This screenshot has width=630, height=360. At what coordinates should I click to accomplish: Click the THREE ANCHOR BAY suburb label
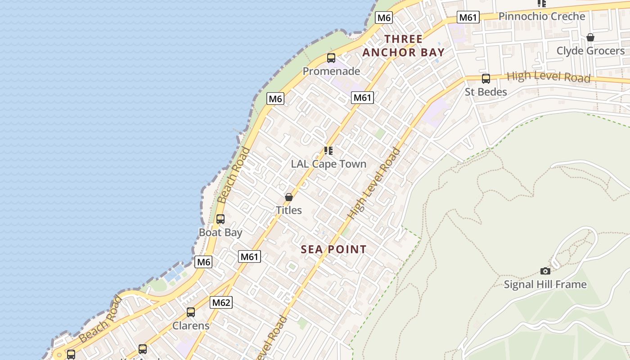[x=403, y=45]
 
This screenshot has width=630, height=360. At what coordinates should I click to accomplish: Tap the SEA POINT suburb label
[x=333, y=249]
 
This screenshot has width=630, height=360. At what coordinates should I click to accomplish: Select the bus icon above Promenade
[x=331, y=58]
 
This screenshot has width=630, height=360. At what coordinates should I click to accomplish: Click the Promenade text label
[x=331, y=71]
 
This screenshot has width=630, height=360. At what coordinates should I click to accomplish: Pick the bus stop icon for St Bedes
[x=486, y=79]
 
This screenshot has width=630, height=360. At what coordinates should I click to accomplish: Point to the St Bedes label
[x=486, y=92]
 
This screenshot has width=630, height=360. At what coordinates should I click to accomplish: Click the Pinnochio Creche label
[x=542, y=17]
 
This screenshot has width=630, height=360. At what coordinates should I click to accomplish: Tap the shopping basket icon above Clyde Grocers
[x=590, y=37]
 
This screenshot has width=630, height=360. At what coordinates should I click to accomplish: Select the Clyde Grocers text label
[x=590, y=51]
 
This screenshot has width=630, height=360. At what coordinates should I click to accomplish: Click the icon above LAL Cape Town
[x=328, y=151]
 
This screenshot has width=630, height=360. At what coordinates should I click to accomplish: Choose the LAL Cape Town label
[x=328, y=164]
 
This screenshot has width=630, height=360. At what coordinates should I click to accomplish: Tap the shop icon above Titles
[x=289, y=197]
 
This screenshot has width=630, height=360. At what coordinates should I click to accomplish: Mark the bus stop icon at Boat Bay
[x=220, y=219]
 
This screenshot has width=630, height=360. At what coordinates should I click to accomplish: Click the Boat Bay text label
[x=220, y=233]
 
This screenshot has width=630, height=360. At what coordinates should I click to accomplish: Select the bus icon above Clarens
[x=191, y=312]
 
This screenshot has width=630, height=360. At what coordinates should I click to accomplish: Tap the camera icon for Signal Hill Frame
[x=545, y=271]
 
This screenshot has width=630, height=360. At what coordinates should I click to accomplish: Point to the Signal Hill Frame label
[x=545, y=284]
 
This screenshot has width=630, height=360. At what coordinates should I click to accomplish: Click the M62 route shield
[x=221, y=303]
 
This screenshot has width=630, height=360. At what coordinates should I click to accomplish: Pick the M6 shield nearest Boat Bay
[x=203, y=262]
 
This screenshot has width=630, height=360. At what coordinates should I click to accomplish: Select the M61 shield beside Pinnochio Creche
[x=468, y=18]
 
